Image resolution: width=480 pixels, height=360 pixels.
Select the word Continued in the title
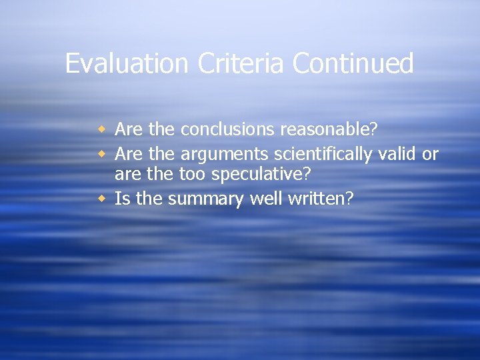[x=353, y=64]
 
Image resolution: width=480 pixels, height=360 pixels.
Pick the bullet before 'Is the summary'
[x=102, y=199]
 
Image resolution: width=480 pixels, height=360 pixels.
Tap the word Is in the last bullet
[x=122, y=199]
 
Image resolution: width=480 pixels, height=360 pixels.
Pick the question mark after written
[x=349, y=199]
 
